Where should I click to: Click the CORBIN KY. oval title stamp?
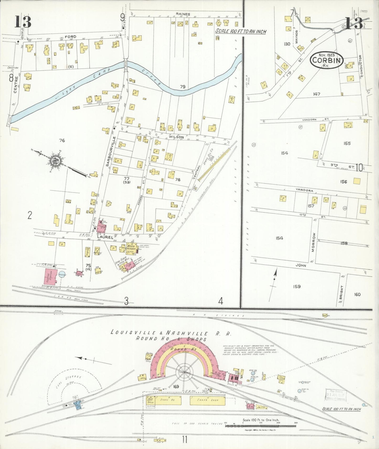point(327,61)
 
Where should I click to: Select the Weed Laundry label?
point(131,248)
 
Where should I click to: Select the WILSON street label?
point(176,137)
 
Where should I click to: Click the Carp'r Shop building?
point(207,400)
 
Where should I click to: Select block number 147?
point(317,94)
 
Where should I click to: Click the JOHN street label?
point(301,265)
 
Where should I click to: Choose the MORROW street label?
point(313,242)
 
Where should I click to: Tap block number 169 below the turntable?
point(176,386)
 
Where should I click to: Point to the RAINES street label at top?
point(183,14)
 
